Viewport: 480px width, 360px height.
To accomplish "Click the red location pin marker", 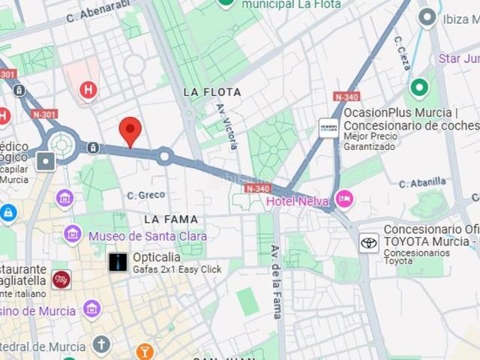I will (130, 131).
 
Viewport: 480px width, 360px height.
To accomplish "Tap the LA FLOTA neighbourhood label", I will (212, 92).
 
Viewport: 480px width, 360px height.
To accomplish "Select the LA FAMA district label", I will (171, 220).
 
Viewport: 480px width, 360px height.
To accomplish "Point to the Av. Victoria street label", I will (227, 126).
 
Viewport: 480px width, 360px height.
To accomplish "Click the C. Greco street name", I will (145, 196).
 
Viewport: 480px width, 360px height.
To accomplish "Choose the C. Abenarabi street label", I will (97, 10).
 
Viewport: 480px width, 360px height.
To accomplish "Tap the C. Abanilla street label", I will (422, 182).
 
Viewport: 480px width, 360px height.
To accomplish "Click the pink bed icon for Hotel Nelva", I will (344, 199).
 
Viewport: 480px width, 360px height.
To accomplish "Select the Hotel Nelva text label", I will (299, 201).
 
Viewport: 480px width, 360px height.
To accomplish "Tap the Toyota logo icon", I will (369, 242).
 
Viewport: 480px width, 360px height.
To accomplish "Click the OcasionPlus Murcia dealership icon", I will (328, 127).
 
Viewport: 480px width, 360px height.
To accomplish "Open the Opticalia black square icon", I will (118, 262).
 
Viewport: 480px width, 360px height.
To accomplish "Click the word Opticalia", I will (157, 256).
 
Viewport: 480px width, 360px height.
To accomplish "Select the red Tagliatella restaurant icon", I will (61, 279).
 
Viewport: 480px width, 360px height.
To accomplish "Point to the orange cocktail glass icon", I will (145, 351).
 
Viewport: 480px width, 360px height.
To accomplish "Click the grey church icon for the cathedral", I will (101, 345).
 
